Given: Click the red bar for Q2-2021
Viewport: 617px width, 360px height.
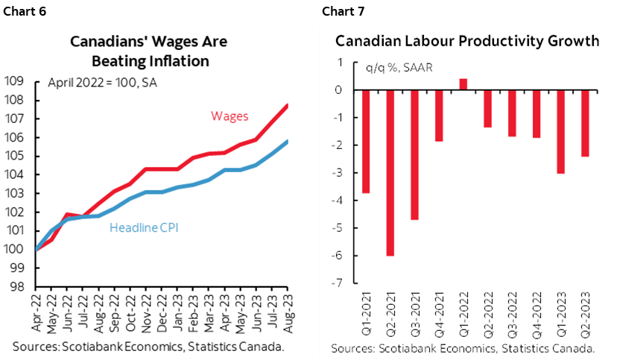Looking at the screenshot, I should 390,172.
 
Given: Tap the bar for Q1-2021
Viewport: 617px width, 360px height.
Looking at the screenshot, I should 366,141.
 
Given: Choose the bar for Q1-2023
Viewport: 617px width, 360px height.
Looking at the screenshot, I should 560,131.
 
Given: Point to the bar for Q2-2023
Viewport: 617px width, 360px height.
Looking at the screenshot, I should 584,123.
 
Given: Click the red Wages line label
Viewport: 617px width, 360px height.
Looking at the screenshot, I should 230,116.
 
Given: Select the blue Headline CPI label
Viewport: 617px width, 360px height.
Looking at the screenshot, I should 145,227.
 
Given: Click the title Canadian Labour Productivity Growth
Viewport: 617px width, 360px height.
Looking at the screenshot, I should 467,41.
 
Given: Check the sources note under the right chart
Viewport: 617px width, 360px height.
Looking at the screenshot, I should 462,348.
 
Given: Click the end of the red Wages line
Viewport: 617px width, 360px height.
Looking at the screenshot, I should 288,105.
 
